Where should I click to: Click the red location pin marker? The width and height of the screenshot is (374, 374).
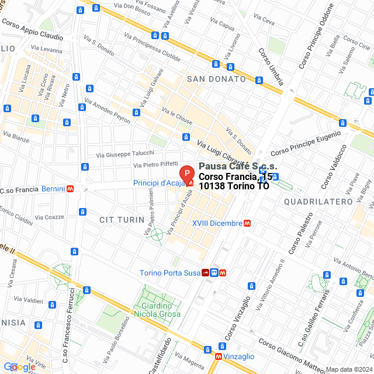pyautogui.click(x=186, y=173)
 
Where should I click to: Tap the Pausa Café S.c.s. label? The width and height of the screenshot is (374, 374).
pyautogui.click(x=237, y=167)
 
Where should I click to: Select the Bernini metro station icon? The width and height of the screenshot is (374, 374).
pyautogui.click(x=70, y=189)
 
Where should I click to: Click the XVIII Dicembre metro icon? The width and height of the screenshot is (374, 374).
pyautogui.click(x=248, y=223)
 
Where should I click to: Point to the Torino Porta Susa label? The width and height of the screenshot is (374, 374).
pyautogui.click(x=169, y=273)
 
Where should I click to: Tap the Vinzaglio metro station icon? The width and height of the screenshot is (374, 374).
pyautogui.click(x=218, y=356)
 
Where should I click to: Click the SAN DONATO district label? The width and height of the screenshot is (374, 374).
pyautogui.click(x=216, y=78)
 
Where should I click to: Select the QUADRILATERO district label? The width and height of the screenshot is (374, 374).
pyautogui.click(x=318, y=202)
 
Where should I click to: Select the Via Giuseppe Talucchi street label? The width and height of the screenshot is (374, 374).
pyautogui.click(x=126, y=153)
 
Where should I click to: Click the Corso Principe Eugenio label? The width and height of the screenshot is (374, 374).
pyautogui.click(x=305, y=143)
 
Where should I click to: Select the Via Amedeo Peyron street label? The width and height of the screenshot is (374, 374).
pyautogui.click(x=107, y=110)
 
